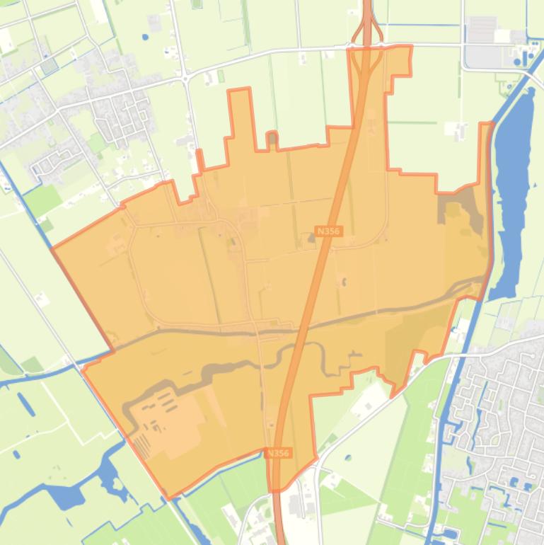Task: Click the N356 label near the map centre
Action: click(329, 231)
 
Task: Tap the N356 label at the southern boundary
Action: click(279, 453)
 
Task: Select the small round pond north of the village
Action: click(145, 37)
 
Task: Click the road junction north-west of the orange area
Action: click(185, 76)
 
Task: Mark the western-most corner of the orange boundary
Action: click(52, 248)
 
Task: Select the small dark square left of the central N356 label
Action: click(311, 238)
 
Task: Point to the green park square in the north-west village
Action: click(97, 144)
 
